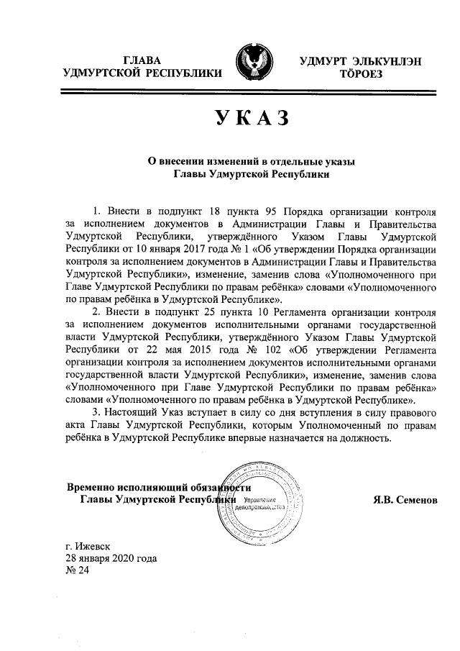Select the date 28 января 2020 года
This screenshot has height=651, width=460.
tap(111, 558)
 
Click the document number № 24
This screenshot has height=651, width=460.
tap(75, 572)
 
